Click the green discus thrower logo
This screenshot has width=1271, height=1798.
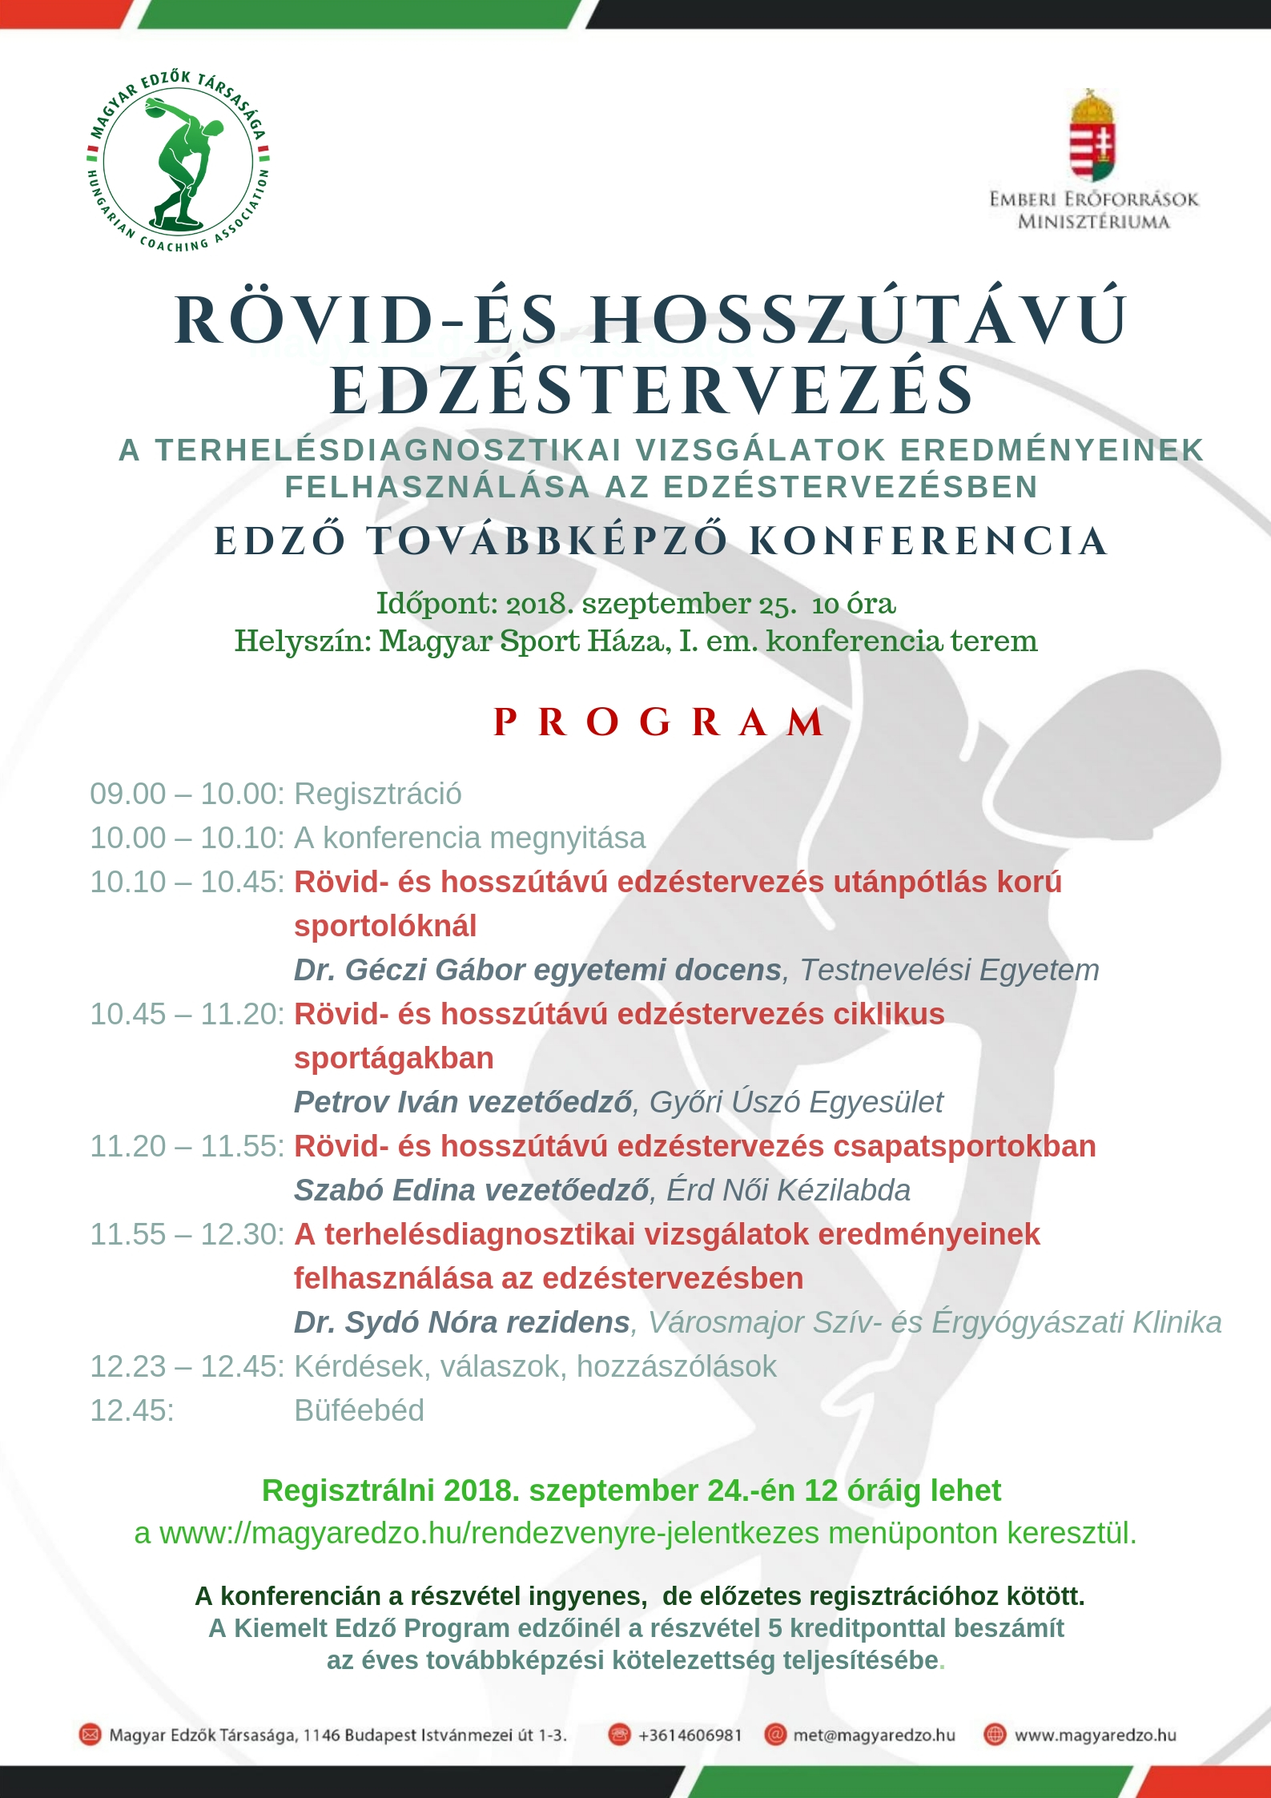click(178, 160)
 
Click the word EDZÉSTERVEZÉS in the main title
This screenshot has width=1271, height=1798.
click(652, 391)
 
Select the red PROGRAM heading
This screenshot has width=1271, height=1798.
click(658, 722)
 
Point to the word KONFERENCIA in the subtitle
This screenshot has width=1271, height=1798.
click(929, 541)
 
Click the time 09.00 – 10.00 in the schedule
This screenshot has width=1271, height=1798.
click(186, 794)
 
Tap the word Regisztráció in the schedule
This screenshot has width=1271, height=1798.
click(378, 794)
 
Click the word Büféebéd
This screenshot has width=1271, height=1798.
click(359, 1410)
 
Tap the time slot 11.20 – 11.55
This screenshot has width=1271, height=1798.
click(186, 1146)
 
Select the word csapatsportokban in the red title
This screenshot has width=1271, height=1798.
click(964, 1146)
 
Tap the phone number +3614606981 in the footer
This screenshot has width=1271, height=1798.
click(690, 1735)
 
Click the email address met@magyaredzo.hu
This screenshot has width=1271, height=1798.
click(874, 1735)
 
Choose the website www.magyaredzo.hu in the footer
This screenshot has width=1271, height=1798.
click(1095, 1735)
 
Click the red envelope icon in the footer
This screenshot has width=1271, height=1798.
click(90, 1735)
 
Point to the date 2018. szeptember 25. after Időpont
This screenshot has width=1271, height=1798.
click(651, 603)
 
